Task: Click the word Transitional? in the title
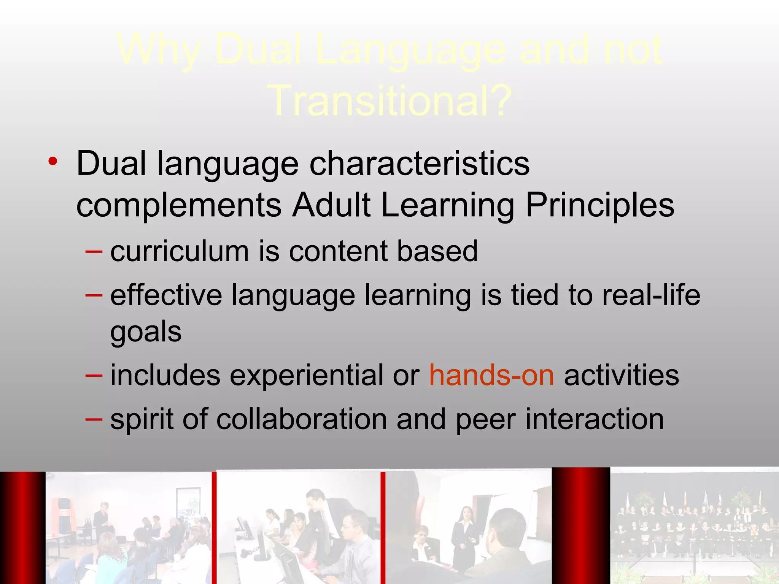[x=392, y=101]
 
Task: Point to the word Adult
[x=331, y=205]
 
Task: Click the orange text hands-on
[x=491, y=375]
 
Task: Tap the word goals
[x=146, y=332]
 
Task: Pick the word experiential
[x=306, y=375]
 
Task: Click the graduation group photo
[x=694, y=527]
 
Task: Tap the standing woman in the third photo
[x=465, y=532]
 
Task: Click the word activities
[x=621, y=375]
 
